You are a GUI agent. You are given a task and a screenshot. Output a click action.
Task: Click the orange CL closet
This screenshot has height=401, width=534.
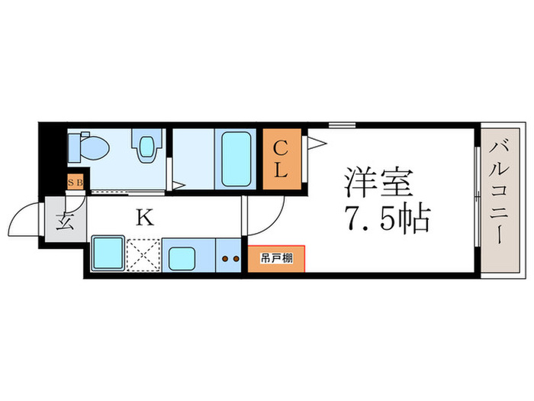pos(281,160)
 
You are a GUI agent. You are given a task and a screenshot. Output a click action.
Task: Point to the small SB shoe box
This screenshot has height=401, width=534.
pos(76,182)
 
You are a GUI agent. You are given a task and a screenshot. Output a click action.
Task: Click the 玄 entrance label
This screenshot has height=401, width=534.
pos(64,223)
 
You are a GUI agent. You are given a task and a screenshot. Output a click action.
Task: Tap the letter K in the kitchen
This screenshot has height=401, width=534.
pos(145,217)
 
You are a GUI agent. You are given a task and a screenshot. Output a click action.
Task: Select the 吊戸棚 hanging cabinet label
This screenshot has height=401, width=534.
pos(275,257)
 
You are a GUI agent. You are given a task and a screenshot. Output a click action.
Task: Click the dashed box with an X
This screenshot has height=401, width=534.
pos(143,254)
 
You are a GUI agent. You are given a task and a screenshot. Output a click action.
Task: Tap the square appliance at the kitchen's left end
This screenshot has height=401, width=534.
pos(108,254)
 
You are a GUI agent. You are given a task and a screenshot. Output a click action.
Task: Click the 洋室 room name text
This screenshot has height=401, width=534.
pos(378,183)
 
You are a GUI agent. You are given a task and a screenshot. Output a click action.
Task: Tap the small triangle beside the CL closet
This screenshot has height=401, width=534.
pos(316,142)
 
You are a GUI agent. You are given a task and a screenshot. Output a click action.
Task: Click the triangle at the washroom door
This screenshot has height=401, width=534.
pos(176,184)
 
